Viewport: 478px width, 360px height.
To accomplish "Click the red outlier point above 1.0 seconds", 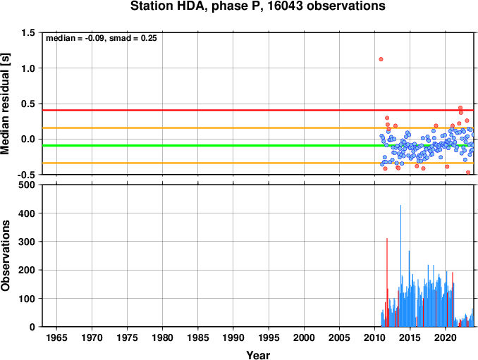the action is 381,59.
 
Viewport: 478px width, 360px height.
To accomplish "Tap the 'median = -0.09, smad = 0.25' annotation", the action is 102,38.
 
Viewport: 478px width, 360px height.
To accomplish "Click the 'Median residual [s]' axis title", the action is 6,104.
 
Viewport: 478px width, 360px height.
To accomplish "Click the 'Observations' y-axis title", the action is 6,256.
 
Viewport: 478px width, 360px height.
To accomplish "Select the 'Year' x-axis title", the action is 258,355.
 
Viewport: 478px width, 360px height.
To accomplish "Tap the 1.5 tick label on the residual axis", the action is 28,32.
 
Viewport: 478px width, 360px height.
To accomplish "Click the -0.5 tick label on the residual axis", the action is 26,175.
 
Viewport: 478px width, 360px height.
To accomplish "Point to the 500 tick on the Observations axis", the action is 27,185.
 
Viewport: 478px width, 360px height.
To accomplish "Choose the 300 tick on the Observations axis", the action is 27,242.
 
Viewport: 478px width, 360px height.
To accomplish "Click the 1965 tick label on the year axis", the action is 56,337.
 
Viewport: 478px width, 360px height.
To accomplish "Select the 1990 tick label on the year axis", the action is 233,337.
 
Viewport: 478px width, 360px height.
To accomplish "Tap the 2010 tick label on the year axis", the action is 374,337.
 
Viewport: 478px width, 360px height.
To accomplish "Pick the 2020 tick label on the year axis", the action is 446,337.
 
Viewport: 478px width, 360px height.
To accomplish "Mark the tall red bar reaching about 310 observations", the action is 387,283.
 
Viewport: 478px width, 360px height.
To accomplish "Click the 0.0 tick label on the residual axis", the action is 28,139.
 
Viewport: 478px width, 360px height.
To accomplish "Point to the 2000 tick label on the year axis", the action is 304,337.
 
